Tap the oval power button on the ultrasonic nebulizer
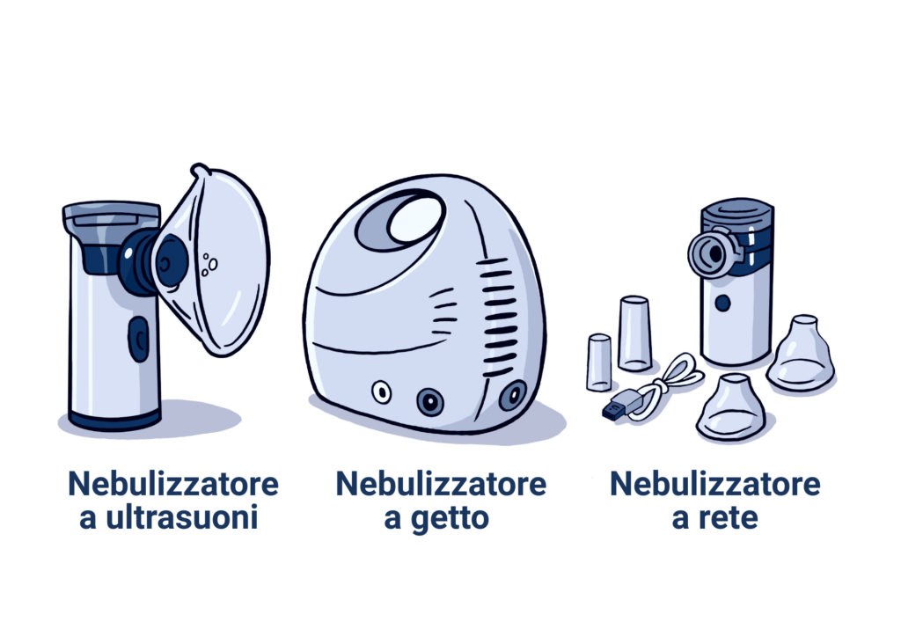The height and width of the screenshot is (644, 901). coord(138,339)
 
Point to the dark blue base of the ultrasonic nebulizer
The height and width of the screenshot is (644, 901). coord(114,419)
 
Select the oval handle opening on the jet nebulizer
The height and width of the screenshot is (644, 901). coord(401,221)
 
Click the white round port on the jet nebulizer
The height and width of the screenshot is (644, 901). coord(381,393)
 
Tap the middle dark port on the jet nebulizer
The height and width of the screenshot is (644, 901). coord(429,400)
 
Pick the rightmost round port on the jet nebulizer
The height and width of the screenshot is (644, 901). coord(513,395)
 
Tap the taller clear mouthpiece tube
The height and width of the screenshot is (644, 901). coord(634,333)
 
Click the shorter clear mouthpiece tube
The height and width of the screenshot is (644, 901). coord(599,362)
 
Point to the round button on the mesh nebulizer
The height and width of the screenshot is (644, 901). coord(723,303)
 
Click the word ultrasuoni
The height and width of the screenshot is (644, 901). coord(181,517)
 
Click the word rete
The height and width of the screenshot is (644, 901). coord(728,517)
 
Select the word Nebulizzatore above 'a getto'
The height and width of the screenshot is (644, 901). coord(441,483)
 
